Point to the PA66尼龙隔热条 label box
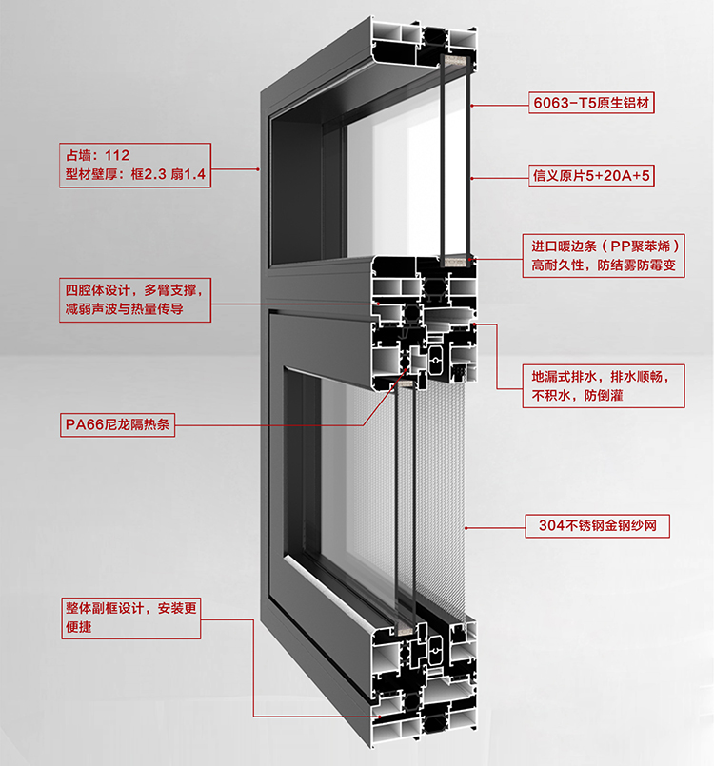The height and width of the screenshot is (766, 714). (117, 426)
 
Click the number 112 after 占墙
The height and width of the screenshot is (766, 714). (118, 153)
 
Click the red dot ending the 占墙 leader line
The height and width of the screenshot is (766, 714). (258, 169)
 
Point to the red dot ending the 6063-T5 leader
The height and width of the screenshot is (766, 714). (471, 103)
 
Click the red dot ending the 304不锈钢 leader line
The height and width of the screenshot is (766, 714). (465, 525)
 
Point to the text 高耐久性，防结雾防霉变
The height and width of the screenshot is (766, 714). (604, 267)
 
